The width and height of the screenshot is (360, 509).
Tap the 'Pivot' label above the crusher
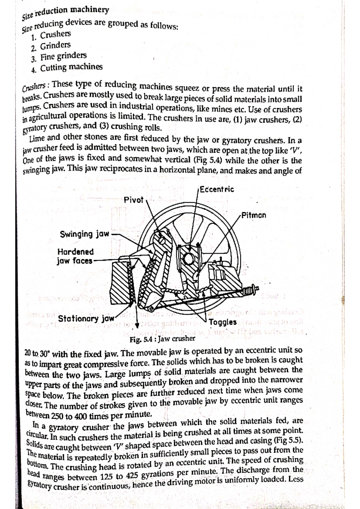click(134, 200)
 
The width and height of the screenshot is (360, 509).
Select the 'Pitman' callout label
click(254, 215)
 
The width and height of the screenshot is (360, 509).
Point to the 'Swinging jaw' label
click(85, 234)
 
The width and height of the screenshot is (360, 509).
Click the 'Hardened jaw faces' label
click(75, 256)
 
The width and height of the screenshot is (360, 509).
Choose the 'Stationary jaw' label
click(86, 318)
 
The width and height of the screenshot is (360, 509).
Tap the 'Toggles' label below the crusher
click(223, 323)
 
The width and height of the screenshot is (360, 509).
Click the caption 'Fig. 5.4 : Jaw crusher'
click(162, 339)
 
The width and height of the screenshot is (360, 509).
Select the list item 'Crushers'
click(55, 35)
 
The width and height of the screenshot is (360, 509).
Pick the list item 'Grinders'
click(55, 46)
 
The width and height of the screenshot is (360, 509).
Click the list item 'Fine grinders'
click(63, 56)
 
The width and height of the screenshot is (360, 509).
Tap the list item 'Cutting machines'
click(71, 67)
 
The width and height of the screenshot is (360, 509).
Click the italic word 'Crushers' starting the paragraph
click(34, 87)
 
